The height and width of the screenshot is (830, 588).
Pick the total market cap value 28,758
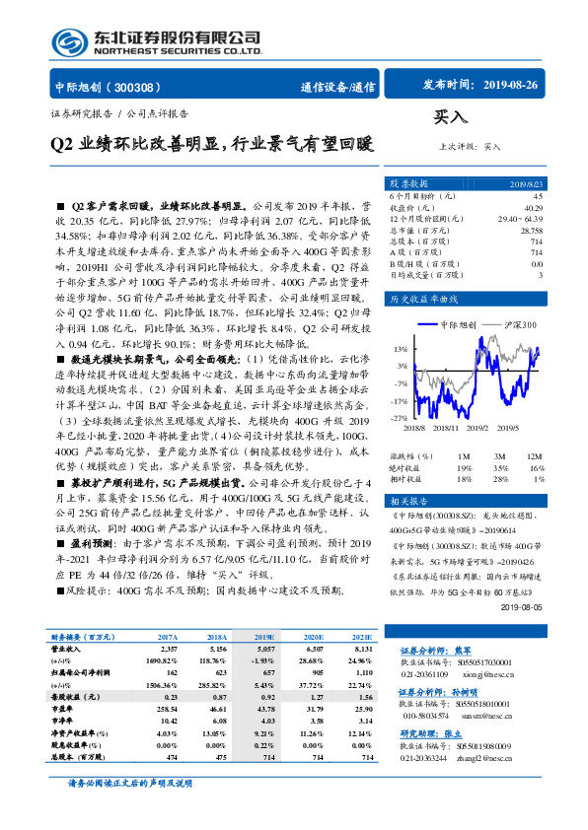coord(531,229)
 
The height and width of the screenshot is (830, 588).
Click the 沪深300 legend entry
coord(515,323)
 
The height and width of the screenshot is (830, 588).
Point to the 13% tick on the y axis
coord(398,349)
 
